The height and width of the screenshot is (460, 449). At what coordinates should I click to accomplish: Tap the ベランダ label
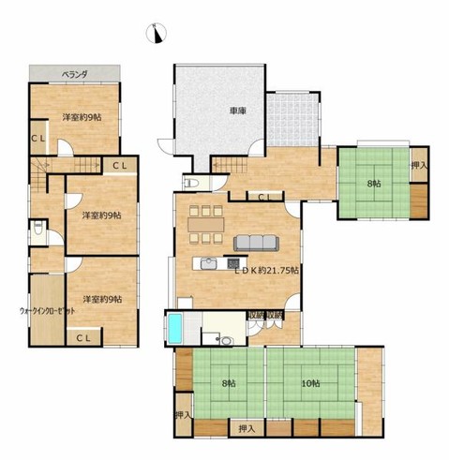point(74,72)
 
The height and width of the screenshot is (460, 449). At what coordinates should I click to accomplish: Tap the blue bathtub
point(176,328)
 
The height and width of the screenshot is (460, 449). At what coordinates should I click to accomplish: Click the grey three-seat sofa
point(255,243)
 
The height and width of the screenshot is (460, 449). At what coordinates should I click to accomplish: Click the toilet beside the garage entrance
point(189,182)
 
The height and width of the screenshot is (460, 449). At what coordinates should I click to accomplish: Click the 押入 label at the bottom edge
point(247,428)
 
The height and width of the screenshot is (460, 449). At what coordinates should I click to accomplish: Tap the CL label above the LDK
point(264,197)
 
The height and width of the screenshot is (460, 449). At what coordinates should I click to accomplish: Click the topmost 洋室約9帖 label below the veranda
point(82,117)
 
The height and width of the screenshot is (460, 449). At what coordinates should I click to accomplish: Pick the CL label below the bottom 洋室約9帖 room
point(82,336)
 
